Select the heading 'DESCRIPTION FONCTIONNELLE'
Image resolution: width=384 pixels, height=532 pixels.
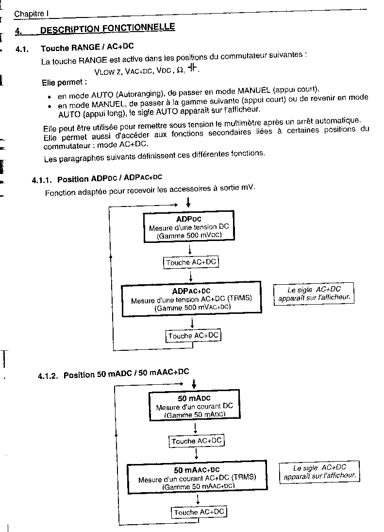pos(107,28)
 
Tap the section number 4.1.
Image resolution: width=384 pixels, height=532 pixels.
pos(22,50)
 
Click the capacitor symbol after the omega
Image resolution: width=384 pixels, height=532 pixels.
pos(193,68)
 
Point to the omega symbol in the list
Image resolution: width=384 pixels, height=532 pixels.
pos(181,69)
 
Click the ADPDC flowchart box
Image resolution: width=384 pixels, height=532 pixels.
pos(189,226)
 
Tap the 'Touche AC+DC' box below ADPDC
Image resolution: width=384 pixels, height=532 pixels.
pos(191,263)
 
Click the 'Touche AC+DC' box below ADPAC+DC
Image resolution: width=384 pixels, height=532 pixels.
pos(193,336)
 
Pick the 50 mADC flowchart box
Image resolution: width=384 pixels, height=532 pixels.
pos(195,406)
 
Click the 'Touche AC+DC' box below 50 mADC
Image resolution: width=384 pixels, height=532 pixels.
pos(197,441)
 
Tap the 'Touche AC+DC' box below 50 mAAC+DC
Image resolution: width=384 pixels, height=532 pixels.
pos(199,512)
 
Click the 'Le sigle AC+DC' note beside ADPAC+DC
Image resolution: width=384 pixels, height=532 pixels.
pos(314,293)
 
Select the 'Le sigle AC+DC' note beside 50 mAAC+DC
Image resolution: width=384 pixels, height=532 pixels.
pos(319,472)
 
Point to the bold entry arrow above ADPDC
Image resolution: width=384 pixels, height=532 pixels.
pos(188,203)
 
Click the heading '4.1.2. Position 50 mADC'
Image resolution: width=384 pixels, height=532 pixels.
pos(113,374)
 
